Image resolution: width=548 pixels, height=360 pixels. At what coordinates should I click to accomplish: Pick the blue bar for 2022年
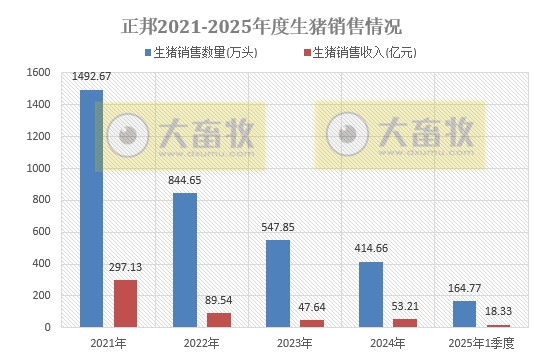[x=184, y=260]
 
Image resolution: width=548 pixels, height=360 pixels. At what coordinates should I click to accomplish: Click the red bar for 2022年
[x=218, y=320]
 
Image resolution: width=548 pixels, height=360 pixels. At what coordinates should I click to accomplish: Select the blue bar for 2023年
[x=277, y=283]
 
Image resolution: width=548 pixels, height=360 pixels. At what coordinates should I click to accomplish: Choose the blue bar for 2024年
[x=370, y=294]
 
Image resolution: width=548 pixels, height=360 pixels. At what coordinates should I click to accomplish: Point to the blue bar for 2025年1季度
[x=463, y=314]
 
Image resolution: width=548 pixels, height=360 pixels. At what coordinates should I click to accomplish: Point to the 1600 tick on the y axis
[x=38, y=72]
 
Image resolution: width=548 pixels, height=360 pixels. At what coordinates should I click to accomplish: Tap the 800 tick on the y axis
[x=41, y=200]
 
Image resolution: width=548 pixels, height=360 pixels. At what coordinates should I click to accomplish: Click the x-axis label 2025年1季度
[x=480, y=343]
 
